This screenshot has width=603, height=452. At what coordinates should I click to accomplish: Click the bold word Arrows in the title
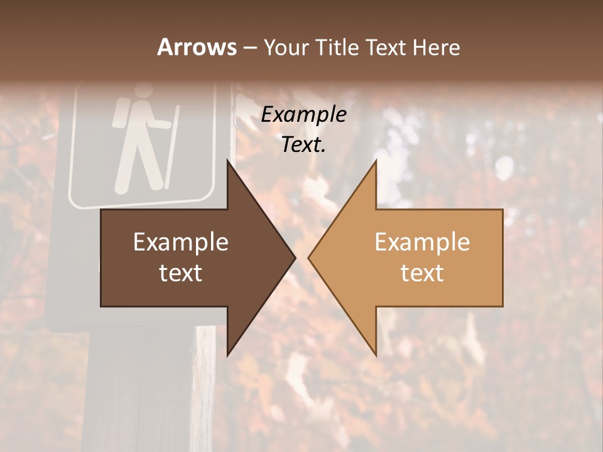click(197, 47)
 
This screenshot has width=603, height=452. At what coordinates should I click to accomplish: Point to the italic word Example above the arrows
click(304, 115)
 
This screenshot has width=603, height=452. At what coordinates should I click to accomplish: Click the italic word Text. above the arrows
click(304, 145)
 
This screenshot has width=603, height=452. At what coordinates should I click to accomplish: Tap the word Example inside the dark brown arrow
click(181, 242)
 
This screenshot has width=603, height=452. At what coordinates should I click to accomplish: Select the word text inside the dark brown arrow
click(181, 273)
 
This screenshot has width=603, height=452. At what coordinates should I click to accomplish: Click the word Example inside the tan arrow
click(422, 242)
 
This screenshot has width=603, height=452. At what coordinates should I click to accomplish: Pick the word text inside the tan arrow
click(422, 273)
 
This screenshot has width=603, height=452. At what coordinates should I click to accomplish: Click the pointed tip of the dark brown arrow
click(294, 257)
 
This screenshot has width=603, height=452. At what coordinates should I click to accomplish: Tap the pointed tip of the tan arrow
click(310, 257)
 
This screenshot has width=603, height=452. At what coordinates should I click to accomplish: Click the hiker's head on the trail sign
click(144, 92)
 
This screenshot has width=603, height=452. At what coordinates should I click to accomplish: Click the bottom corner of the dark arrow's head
click(228, 354)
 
